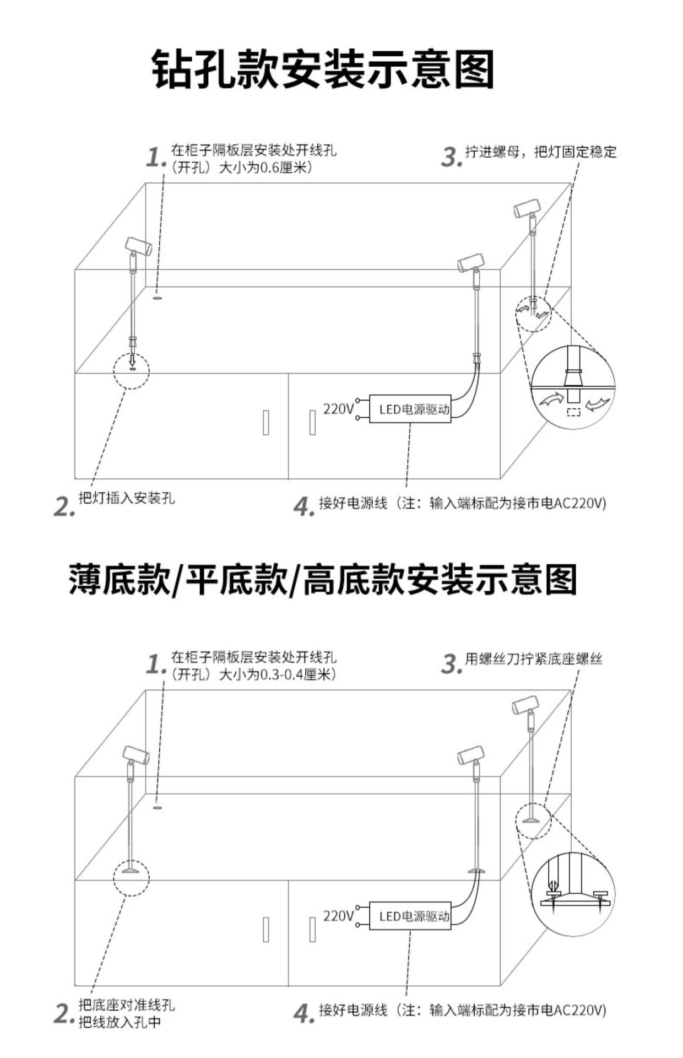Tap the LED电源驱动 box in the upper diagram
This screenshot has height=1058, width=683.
point(410,409)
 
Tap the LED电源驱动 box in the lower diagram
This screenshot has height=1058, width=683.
point(410,916)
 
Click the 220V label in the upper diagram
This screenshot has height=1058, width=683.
point(338,409)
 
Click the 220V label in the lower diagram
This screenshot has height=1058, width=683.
point(338,916)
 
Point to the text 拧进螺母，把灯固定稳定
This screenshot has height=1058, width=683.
point(540,152)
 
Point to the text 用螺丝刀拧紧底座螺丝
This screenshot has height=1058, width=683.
point(533,658)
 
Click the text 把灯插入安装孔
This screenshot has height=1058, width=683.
point(127,498)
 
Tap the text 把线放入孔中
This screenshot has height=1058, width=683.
point(120,1023)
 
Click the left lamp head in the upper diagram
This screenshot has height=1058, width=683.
point(138,246)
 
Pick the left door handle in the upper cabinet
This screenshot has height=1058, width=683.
point(265,422)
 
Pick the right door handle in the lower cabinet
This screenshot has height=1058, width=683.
point(312,929)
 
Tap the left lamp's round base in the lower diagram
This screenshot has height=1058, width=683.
point(132,871)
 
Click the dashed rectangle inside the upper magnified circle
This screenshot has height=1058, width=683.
point(573,412)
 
